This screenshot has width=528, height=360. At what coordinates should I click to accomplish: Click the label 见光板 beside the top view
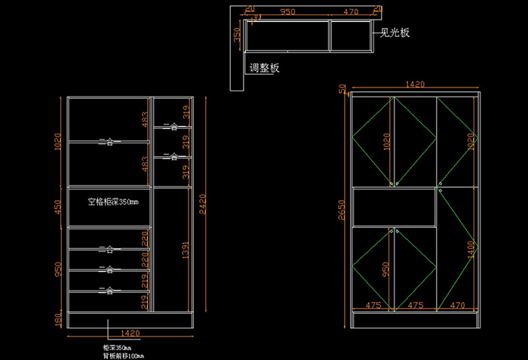coord(395,33)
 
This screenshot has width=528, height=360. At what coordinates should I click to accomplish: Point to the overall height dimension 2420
coord(201,204)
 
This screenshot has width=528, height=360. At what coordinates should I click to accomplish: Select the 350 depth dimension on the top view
coord(237,36)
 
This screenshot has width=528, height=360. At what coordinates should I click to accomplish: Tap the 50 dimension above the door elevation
coord(341,89)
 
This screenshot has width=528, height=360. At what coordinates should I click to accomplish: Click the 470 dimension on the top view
coord(351,12)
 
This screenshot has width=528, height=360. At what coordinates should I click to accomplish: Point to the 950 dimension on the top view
coord(287,12)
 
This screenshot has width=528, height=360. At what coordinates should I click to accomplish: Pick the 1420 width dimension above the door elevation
coord(416,86)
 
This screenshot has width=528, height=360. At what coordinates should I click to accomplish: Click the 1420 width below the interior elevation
coord(130,332)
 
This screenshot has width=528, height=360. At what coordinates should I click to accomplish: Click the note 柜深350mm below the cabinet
coord(117,347)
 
